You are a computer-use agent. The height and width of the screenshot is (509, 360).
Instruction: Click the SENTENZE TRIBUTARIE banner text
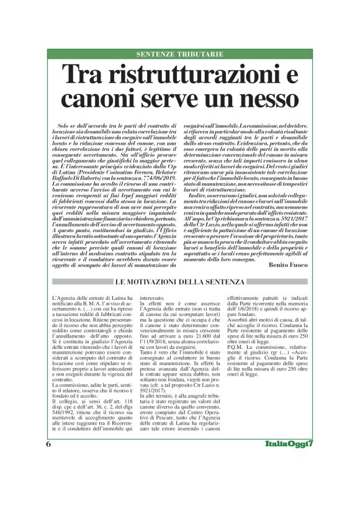(180, 55)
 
